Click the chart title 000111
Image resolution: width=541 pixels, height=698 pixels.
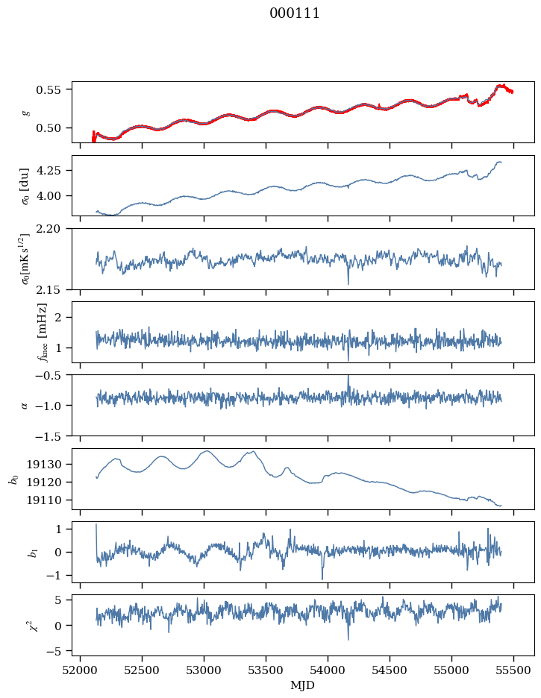pos(294,13)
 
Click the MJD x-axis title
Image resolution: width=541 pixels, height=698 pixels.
pos(302,685)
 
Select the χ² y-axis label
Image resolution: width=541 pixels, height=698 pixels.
pos(35,626)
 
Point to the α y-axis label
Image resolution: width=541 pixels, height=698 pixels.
pos(24,405)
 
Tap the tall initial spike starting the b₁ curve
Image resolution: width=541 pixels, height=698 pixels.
pos(96,538)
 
